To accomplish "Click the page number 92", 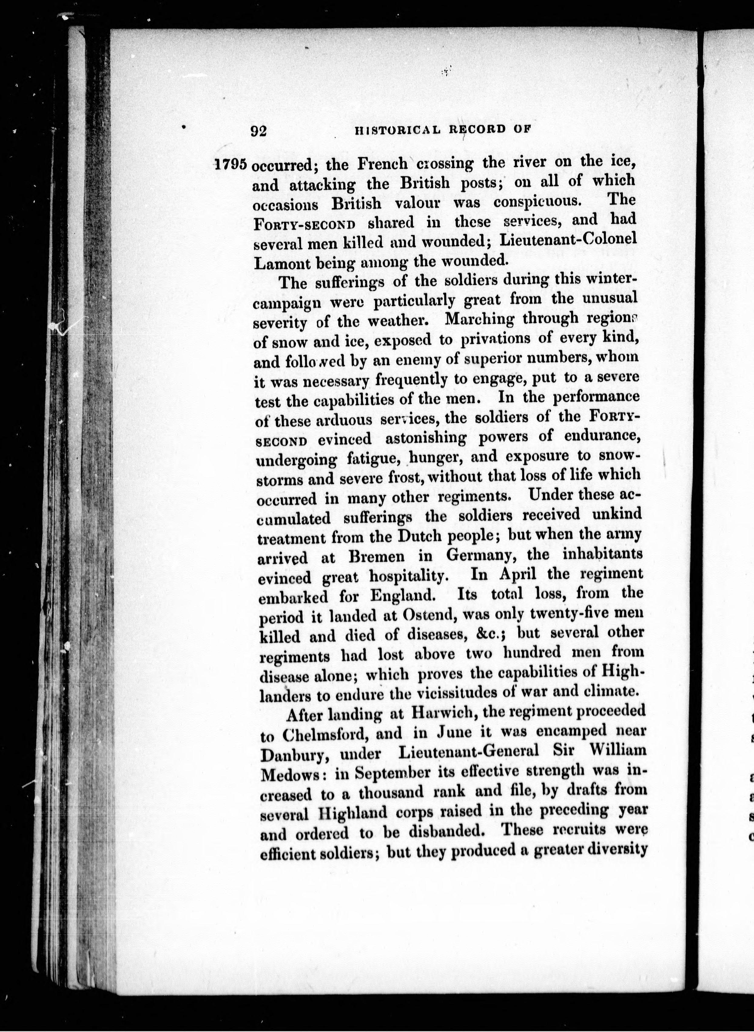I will [x=258, y=131].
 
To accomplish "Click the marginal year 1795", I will [x=231, y=164].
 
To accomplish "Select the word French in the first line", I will [x=382, y=164].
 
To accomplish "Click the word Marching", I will [x=479, y=318].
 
